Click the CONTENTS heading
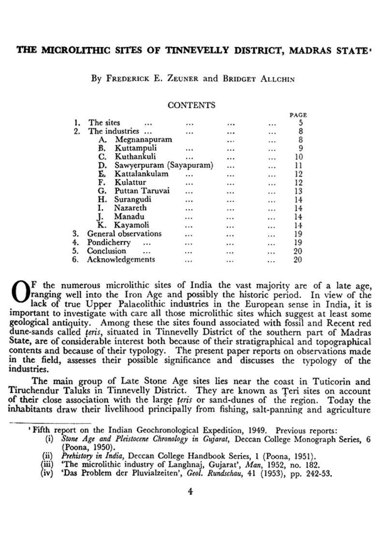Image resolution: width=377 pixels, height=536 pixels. [x=191, y=105]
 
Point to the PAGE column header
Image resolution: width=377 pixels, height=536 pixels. [x=298, y=115]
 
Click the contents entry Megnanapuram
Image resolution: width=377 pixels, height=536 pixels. [x=143, y=140]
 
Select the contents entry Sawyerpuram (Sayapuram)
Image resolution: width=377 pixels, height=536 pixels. [x=163, y=165]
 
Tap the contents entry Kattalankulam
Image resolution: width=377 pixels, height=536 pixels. [x=141, y=174]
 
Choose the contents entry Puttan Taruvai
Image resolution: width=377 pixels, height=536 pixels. [x=142, y=191]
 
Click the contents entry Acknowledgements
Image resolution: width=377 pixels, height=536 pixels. [x=121, y=260]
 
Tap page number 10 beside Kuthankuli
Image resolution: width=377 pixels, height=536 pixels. [x=298, y=157]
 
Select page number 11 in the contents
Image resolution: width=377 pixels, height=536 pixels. [x=298, y=165]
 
